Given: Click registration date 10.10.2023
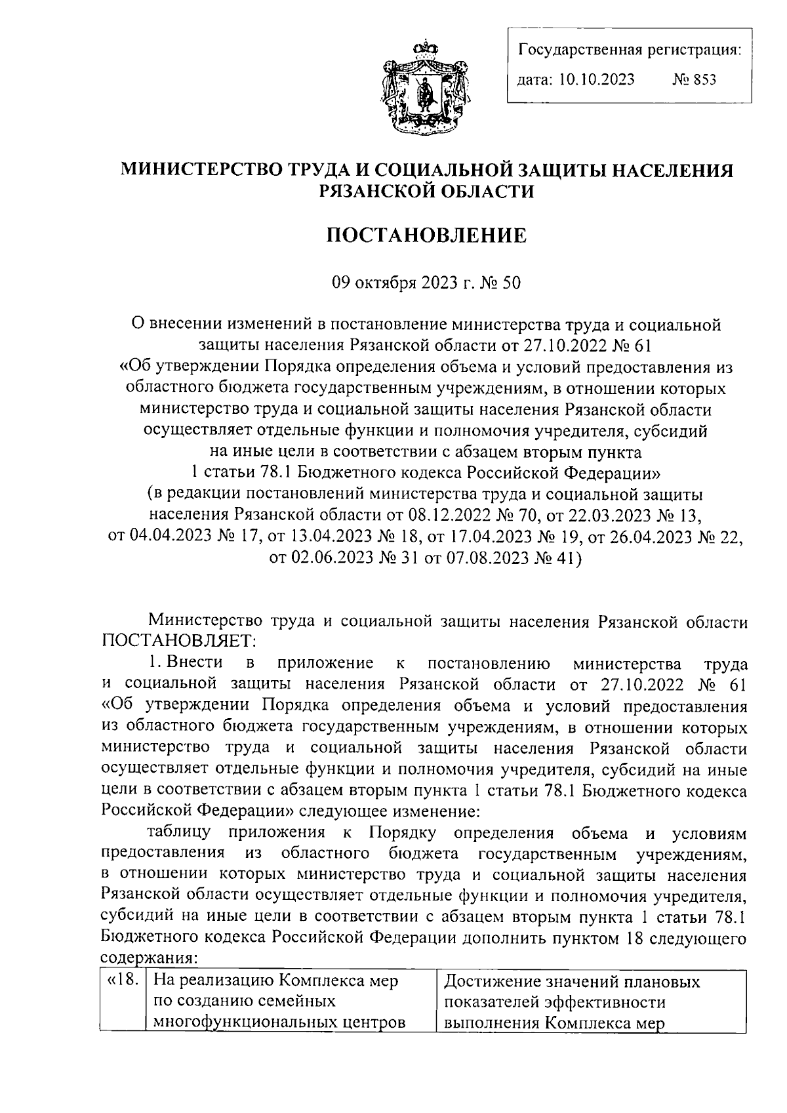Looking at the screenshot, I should pyautogui.click(x=598, y=80).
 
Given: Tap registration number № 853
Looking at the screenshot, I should pyautogui.click(x=695, y=80).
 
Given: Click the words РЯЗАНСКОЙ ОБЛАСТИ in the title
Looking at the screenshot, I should pyautogui.click(x=426, y=191).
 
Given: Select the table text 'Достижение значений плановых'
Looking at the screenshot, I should pyautogui.click(x=572, y=982).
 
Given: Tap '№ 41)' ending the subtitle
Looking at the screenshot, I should pyautogui.click(x=558, y=558).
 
